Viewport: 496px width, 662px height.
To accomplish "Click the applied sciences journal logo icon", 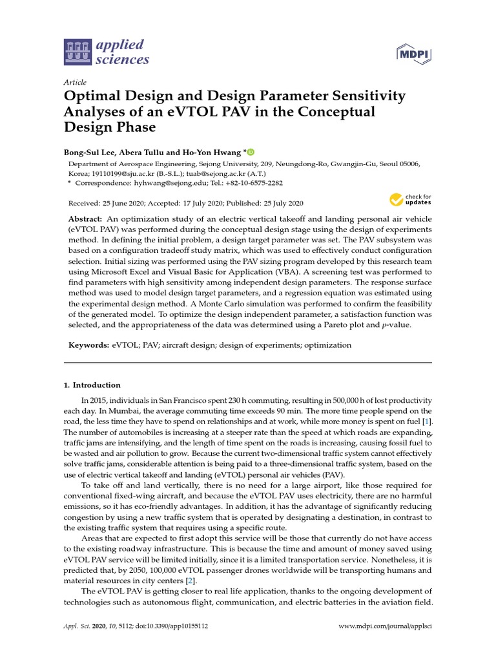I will [77, 52].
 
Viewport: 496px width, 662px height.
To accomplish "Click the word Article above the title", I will [75, 83].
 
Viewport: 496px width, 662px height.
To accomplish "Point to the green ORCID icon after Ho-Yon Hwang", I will [251, 152].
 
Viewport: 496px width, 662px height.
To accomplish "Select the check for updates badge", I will [410, 199].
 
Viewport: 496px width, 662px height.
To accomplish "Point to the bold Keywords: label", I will [89, 345].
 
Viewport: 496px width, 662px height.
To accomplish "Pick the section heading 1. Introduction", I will [92, 385].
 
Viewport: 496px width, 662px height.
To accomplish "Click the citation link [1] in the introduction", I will [426, 422].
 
